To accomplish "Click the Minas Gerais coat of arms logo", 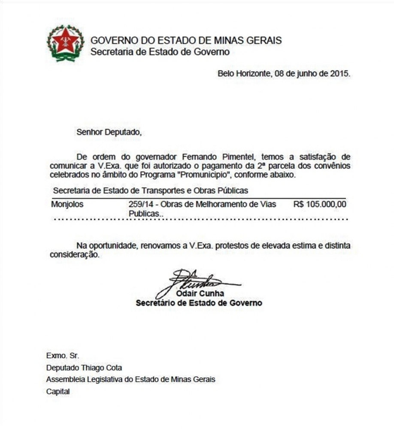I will tap(65, 43).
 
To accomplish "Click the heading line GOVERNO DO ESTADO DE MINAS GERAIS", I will tap(186, 41).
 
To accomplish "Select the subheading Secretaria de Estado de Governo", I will tap(160, 52).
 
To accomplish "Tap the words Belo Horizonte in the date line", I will tap(244, 73).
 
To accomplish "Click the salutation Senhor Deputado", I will tap(109, 132).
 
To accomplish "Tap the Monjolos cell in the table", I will tap(67, 205).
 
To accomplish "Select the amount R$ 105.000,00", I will tap(320, 205).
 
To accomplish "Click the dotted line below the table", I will tap(200, 219).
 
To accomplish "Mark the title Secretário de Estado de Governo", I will tap(199, 303).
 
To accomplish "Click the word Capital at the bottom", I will tap(58, 392).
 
